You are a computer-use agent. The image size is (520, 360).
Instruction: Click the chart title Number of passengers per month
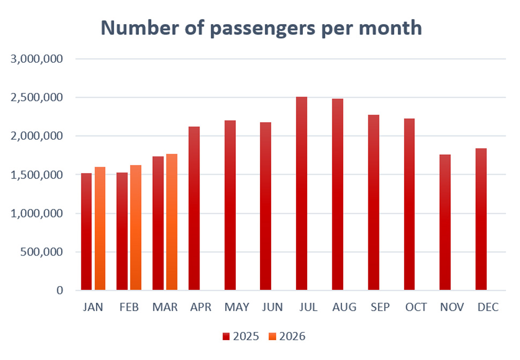261,28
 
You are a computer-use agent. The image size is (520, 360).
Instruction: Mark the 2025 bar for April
194,209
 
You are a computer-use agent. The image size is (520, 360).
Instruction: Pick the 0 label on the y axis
60,290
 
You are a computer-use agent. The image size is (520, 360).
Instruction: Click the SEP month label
380,307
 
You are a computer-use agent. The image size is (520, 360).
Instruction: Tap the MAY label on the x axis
236,307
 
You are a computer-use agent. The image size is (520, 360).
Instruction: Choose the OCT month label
415,307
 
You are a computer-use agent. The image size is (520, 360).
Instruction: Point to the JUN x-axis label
272,307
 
